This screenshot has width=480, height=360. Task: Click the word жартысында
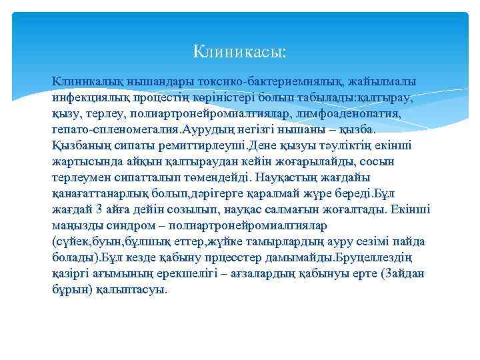click(x=83, y=161)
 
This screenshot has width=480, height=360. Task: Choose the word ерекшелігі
click(x=200, y=274)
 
